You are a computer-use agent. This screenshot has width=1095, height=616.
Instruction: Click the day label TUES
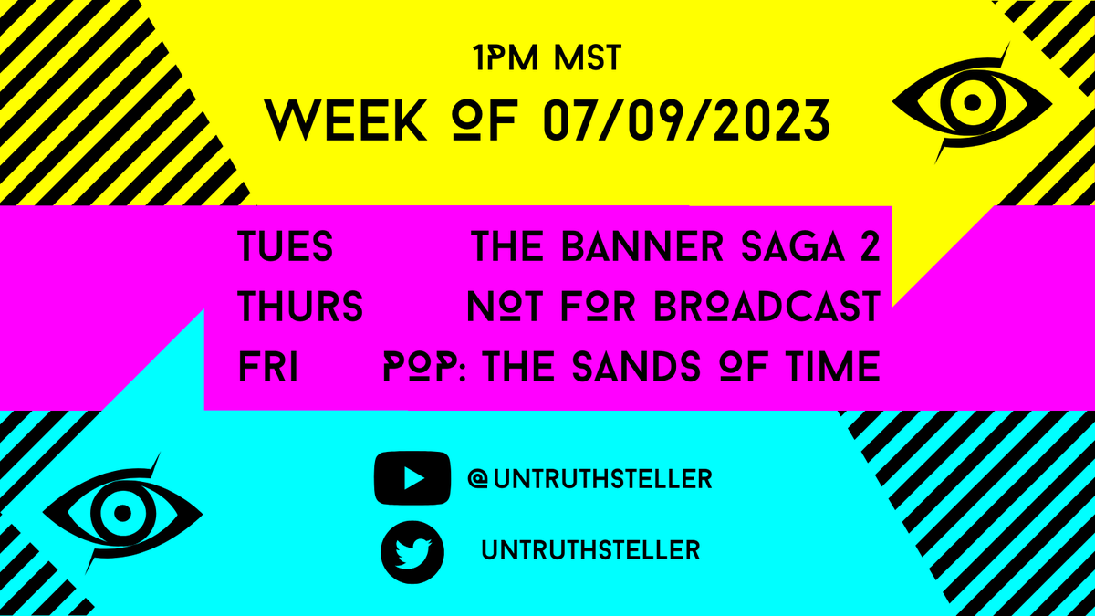[285, 247]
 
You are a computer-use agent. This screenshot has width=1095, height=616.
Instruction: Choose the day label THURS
[300, 308]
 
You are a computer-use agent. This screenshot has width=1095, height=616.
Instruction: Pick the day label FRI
[268, 368]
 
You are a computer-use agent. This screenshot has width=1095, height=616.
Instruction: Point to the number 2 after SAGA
[869, 247]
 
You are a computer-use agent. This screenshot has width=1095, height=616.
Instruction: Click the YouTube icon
[412, 477]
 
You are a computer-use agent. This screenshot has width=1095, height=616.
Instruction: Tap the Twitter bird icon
[412, 551]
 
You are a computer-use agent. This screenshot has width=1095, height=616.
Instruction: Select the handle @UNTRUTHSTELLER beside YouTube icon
[589, 478]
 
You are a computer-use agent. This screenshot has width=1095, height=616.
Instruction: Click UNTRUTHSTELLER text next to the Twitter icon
[590, 550]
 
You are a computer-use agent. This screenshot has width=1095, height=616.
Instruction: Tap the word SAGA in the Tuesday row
[794, 247]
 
